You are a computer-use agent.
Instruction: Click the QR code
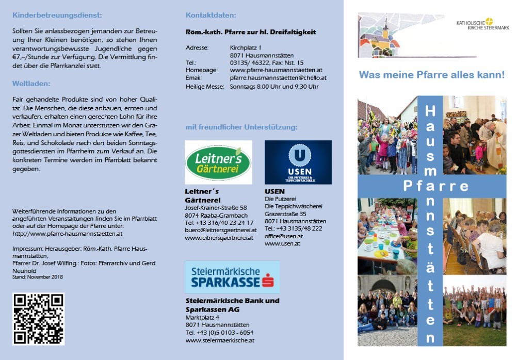[x=38, y=319]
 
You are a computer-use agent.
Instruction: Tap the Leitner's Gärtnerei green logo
[x=218, y=162]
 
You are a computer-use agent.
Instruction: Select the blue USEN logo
[x=298, y=162]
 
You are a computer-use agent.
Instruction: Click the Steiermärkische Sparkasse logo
[x=232, y=277]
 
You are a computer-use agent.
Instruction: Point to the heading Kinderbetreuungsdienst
[x=57, y=15]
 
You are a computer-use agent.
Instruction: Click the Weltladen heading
[x=31, y=84]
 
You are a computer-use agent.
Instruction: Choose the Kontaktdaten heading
[x=211, y=15]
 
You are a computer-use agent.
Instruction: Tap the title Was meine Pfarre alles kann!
[x=431, y=75]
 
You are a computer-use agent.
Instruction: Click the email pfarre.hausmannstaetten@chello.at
[x=278, y=78]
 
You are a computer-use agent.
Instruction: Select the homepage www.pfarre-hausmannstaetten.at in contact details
[x=276, y=70]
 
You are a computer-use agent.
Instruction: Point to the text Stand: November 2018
[x=37, y=277]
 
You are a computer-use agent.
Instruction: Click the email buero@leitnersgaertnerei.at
[x=220, y=230]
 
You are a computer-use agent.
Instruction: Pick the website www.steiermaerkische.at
[x=220, y=340]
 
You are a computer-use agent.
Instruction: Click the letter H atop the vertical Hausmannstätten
[x=430, y=110]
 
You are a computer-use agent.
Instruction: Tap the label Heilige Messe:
[x=205, y=87]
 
